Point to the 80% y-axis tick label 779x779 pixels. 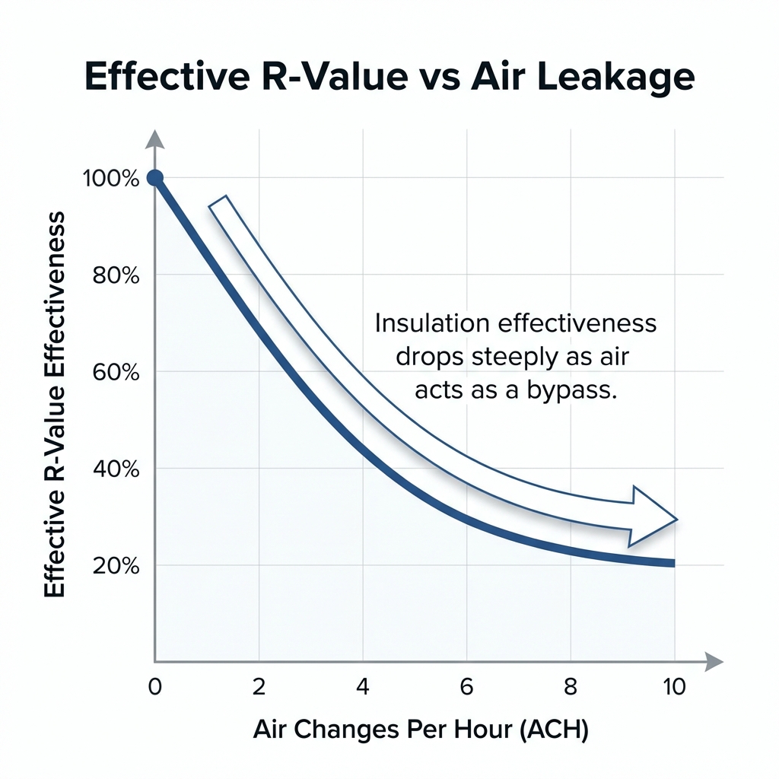pos(116,275)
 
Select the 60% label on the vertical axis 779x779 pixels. pos(116,372)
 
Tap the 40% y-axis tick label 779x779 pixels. pos(116,469)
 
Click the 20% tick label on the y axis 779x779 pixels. pos(116,566)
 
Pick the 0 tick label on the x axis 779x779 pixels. pos(154,686)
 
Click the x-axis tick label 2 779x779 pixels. pos(259,686)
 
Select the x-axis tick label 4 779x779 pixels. pos(363,686)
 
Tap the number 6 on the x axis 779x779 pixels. pos(467,686)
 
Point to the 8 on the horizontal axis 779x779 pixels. pos(571,686)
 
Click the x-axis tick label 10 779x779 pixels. pos(674,686)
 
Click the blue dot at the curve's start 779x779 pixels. pos(154,178)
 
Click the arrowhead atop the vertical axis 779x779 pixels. pos(154,138)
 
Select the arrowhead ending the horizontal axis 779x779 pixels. pos(713,661)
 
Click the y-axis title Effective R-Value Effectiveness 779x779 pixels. pos(54,405)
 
